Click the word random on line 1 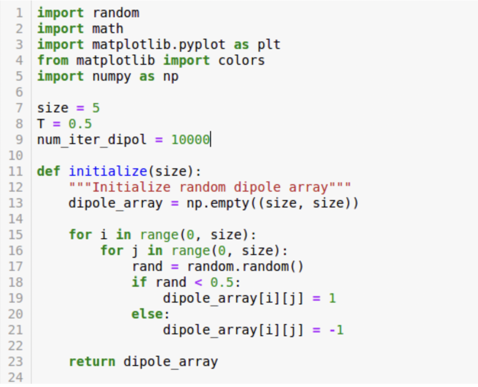click(116, 13)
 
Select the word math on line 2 click(108, 29)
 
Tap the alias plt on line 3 click(269, 45)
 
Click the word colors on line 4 click(241, 61)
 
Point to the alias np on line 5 click(170, 76)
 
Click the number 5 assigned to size click(96, 108)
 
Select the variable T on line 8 click(41, 124)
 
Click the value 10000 click(190, 139)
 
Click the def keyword click(49, 172)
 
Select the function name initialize click(108, 172)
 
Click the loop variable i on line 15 click(104, 235)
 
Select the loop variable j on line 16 click(135, 251)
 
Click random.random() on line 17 click(245, 267)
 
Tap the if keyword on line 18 click(139, 283)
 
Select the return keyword click(92, 362)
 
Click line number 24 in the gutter click(16, 378)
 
